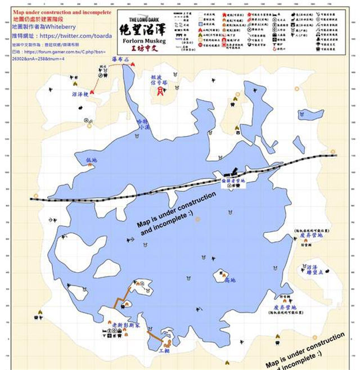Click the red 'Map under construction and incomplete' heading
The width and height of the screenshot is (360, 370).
click(x=58, y=11)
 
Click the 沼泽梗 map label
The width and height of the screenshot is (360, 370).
click(x=80, y=94)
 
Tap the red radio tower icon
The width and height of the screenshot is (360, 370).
click(x=161, y=90)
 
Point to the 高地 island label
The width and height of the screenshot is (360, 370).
click(x=229, y=279)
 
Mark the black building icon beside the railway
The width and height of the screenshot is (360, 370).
click(x=227, y=174)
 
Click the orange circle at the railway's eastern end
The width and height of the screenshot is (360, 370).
click(x=333, y=152)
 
